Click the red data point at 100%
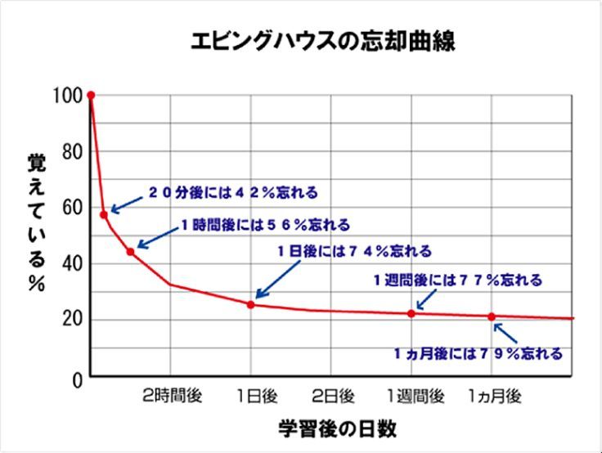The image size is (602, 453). click(x=91, y=96)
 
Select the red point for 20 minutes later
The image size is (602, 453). click(x=104, y=214)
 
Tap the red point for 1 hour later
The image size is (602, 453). click(x=130, y=251)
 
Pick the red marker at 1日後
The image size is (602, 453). click(x=250, y=304)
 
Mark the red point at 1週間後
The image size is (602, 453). click(x=411, y=313)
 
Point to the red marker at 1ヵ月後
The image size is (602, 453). click(x=492, y=316)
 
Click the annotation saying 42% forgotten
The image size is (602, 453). click(x=232, y=194)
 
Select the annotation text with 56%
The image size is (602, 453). click(x=265, y=224)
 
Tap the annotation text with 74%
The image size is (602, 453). click(x=354, y=252)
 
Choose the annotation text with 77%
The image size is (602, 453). click(x=458, y=280)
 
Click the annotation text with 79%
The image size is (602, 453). click(x=478, y=354)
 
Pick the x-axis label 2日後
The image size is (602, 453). click(x=333, y=397)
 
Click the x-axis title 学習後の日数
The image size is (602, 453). click(x=337, y=428)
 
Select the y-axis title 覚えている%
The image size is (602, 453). click(x=37, y=216)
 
